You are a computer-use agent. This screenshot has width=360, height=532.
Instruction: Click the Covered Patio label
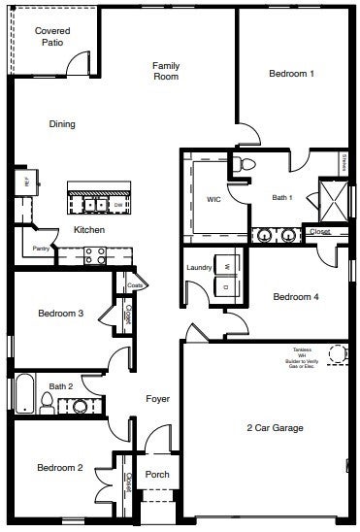tap(52, 36)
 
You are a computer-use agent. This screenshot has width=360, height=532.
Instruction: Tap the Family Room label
tap(167, 71)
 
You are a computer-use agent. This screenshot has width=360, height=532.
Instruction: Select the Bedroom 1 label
tap(291, 73)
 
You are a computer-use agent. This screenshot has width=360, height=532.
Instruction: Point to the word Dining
tap(62, 124)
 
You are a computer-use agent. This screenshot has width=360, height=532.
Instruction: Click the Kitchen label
tap(89, 230)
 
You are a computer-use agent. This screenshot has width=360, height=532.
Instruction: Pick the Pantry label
tap(41, 249)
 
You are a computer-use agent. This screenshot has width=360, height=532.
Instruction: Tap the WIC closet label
tap(213, 199)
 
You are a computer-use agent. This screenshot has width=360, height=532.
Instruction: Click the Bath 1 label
tap(281, 197)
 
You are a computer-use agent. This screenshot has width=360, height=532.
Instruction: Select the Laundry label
tap(199, 267)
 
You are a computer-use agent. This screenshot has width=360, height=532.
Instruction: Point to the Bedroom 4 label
tap(296, 297)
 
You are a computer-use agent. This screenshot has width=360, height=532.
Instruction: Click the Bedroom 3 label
tap(60, 313)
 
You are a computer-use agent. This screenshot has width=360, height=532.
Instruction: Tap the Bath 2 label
tap(61, 386)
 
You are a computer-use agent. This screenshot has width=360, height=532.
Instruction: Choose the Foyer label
tap(158, 399)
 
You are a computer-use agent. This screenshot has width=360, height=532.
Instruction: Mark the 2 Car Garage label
tap(275, 427)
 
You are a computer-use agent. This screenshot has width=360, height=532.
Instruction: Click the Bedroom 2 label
tap(60, 468)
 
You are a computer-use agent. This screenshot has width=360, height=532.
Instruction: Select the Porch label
tap(157, 475)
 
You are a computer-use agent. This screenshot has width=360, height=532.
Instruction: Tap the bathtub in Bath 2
tap(23, 395)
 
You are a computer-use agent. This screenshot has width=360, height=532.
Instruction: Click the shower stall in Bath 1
tap(333, 199)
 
